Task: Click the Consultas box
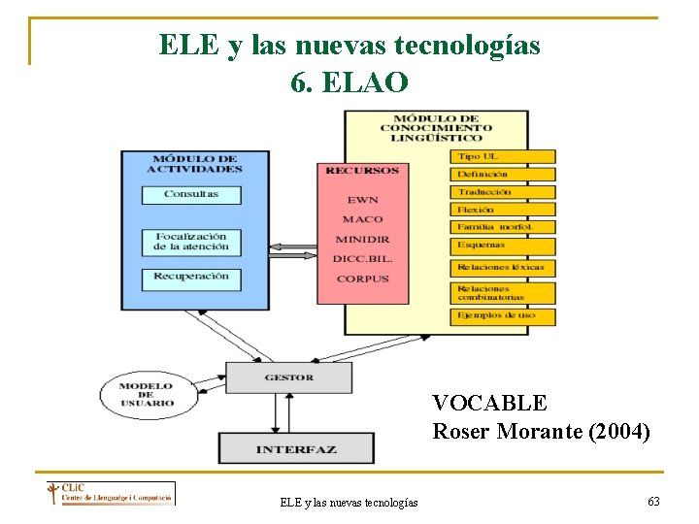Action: [x=190, y=194]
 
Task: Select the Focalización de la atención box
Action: [x=190, y=241]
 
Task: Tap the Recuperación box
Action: [x=190, y=277]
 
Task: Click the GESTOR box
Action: [x=288, y=377]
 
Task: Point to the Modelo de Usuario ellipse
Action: [x=147, y=395]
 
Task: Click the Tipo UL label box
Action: [x=502, y=156]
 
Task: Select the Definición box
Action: [x=502, y=175]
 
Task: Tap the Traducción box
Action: [x=502, y=192]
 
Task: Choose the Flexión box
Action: [x=502, y=210]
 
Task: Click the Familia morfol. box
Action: [x=502, y=227]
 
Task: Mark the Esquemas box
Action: [x=502, y=246]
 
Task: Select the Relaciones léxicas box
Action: [x=502, y=267]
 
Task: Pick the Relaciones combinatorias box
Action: [x=502, y=293]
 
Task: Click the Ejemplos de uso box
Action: [x=502, y=316]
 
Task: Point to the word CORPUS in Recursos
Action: [x=362, y=279]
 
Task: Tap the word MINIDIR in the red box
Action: [x=362, y=240]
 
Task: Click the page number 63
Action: [x=653, y=501]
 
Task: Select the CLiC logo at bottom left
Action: [x=109, y=494]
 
